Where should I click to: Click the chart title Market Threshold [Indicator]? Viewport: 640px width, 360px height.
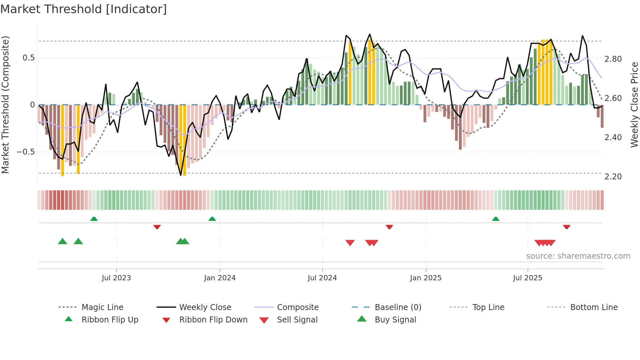click(x=84, y=9)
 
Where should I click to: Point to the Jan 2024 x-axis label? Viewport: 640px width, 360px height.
click(x=220, y=278)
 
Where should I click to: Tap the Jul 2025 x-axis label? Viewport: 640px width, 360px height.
click(x=527, y=278)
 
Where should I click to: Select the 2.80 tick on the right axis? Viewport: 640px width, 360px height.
click(x=613, y=59)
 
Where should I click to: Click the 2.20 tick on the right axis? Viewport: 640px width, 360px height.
click(x=613, y=177)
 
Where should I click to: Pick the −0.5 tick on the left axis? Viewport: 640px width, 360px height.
click(x=25, y=152)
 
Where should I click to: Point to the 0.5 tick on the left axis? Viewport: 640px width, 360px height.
click(x=28, y=58)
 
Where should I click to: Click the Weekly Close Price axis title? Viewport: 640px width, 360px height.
click(x=634, y=105)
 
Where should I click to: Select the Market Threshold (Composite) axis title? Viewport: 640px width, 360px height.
click(x=5, y=105)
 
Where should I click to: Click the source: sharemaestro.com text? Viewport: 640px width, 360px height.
click(x=578, y=256)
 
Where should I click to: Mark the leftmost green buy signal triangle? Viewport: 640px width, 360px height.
click(x=62, y=242)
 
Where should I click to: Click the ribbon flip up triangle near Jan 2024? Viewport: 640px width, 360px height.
click(x=212, y=219)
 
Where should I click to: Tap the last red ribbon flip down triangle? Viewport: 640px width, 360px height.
click(x=567, y=227)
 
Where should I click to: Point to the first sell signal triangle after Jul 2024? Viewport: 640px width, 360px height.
click(x=350, y=243)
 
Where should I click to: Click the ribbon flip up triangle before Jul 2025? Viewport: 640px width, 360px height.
click(x=496, y=219)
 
